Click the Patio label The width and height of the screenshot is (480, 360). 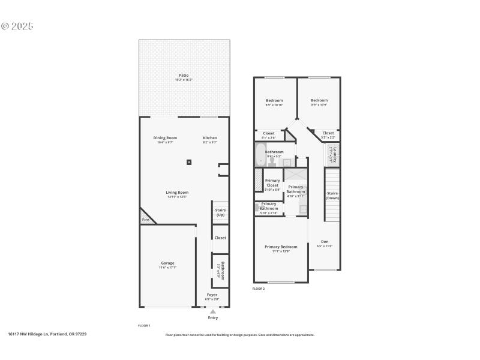[x=184, y=76]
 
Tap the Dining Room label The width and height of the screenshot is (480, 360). [x=165, y=138]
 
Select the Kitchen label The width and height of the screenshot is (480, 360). [x=209, y=138]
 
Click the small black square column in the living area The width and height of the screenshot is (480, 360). [x=190, y=161]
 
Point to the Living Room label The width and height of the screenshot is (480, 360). [x=178, y=193]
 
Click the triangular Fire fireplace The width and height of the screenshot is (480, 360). [x=146, y=218]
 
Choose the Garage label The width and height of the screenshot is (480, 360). [x=167, y=263]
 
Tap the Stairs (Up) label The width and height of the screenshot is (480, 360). [x=220, y=212]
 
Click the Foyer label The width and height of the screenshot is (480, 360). [x=212, y=295]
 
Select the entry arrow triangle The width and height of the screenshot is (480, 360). [x=212, y=311]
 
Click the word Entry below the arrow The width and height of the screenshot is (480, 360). [x=213, y=318]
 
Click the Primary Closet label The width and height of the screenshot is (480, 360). [x=272, y=183]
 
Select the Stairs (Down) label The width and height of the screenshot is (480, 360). [x=332, y=195]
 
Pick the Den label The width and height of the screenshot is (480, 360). [x=324, y=242]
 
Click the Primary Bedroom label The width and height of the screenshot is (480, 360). [x=281, y=247]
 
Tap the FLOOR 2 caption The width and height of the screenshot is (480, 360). [x=259, y=289]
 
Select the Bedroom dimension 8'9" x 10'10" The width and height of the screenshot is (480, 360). [x=274, y=105]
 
